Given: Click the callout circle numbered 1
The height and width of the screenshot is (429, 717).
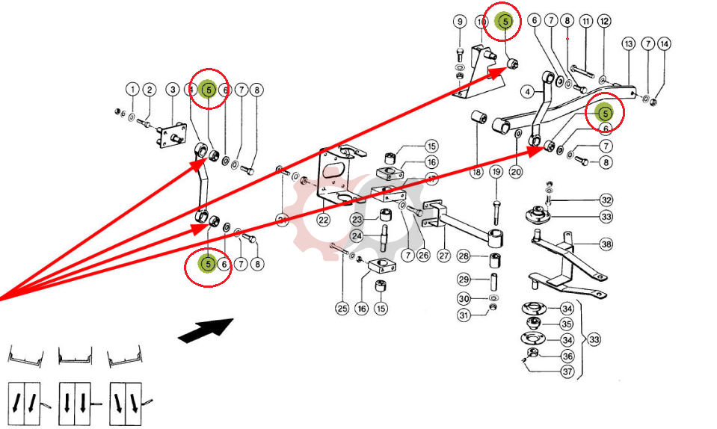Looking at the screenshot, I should pyautogui.click(x=132, y=90).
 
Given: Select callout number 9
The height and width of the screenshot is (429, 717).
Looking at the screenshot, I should pyautogui.click(x=460, y=21).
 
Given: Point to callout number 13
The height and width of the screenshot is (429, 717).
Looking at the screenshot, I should pyautogui.click(x=629, y=43).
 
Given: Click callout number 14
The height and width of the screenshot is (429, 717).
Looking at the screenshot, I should pyautogui.click(x=665, y=43).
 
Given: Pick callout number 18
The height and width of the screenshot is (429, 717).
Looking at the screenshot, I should pyautogui.click(x=477, y=172).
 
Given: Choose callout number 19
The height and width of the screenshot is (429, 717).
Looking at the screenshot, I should pyautogui.click(x=496, y=172).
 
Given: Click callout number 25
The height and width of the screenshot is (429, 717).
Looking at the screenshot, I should pyautogui.click(x=342, y=308).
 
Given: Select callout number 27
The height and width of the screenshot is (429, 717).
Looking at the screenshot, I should pyautogui.click(x=444, y=256).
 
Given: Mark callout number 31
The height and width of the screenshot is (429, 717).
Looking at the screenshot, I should pyautogui.click(x=464, y=315).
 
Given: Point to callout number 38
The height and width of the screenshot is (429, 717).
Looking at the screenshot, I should pyautogui.click(x=606, y=244).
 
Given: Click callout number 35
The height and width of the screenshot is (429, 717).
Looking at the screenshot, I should pyautogui.click(x=567, y=324).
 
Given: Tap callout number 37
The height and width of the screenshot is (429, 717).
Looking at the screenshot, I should pyautogui.click(x=567, y=371).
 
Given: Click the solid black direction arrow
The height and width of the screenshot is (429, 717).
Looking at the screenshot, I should pyautogui.click(x=205, y=329).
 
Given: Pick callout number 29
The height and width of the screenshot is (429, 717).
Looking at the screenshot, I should pyautogui.click(x=464, y=280).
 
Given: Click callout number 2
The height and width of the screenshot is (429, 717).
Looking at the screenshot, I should pyautogui.click(x=150, y=90).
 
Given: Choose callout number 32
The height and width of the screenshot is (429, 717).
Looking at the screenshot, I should pyautogui.click(x=606, y=200).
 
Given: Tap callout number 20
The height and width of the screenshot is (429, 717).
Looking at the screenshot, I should pyautogui.click(x=516, y=172).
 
